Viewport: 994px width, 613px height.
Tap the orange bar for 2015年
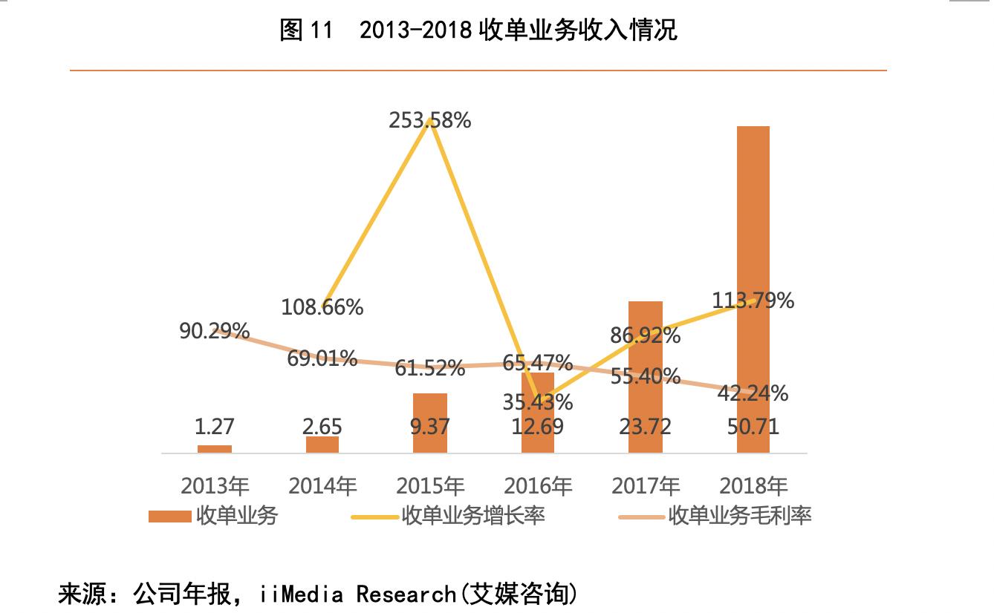pyautogui.click(x=430, y=423)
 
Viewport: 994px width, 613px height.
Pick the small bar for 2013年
pyautogui.click(x=215, y=449)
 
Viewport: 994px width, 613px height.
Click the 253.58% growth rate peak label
pyautogui.click(x=429, y=120)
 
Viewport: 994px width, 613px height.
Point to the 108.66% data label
pyautogui.click(x=322, y=306)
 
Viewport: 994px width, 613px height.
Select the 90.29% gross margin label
pyautogui.click(x=215, y=331)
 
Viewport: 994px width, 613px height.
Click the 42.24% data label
pyautogui.click(x=753, y=393)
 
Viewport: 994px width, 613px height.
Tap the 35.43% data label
pyautogui.click(x=538, y=402)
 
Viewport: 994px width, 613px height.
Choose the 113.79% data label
pyautogui.click(x=753, y=301)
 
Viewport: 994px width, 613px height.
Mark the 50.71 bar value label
pyautogui.click(x=753, y=427)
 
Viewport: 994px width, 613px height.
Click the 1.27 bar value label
pyautogui.click(x=215, y=427)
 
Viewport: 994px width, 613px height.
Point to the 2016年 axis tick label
pyautogui.click(x=538, y=486)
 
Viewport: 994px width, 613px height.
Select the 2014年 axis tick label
pyautogui.click(x=322, y=486)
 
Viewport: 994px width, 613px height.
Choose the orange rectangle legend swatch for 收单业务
pyautogui.click(x=169, y=516)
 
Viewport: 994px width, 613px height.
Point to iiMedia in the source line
pyautogui.click(x=302, y=594)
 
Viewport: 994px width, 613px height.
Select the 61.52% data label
pyautogui.click(x=430, y=367)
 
